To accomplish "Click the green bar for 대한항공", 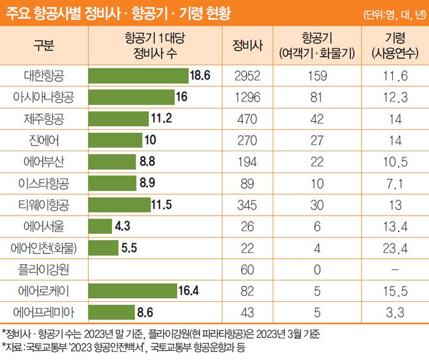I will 138,75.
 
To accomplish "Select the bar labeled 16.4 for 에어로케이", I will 131,290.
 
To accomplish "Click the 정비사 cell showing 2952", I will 248,75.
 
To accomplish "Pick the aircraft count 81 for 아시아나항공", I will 316,96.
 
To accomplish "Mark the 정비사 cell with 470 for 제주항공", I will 248,118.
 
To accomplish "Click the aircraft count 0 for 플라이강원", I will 316,269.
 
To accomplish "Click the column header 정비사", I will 248,45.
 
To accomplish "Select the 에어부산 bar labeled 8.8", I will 112,161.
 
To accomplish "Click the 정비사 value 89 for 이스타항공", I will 248,182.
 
